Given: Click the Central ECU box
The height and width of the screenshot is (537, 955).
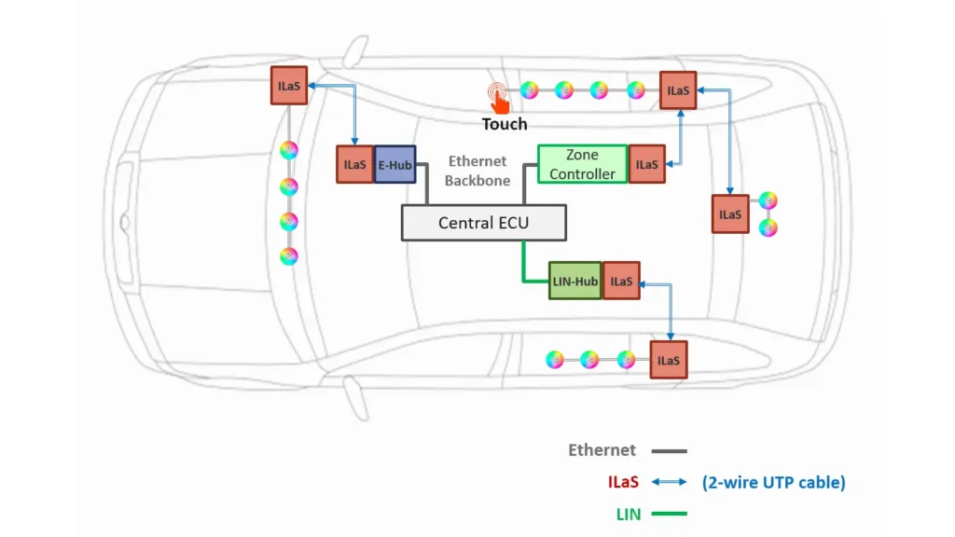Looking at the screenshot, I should (x=484, y=223).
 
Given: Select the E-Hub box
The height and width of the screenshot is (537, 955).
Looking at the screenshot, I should (x=394, y=164).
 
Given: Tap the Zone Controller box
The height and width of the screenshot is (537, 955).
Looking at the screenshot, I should (x=583, y=164).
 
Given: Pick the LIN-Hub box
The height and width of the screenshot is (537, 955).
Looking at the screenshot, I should (x=574, y=281).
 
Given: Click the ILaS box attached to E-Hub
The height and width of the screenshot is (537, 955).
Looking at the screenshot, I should (x=355, y=164).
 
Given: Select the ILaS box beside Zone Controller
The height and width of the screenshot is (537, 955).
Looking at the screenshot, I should (x=646, y=164).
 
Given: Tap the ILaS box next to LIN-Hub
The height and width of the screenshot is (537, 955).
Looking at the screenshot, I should (x=621, y=281).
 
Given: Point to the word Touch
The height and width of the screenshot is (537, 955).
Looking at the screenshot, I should (x=505, y=124).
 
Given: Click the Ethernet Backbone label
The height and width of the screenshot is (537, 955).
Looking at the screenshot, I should (x=477, y=171).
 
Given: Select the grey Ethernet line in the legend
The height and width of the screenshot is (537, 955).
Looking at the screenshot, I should (x=670, y=450).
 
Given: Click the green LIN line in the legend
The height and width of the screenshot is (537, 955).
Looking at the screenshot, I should (x=670, y=513).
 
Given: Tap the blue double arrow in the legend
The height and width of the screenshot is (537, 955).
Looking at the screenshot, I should (x=670, y=482).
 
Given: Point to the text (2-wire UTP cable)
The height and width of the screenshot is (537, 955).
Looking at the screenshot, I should (x=773, y=482).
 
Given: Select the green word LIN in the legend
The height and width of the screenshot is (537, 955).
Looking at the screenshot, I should (x=629, y=513).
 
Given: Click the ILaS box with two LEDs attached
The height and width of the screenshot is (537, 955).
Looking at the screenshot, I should (x=729, y=213).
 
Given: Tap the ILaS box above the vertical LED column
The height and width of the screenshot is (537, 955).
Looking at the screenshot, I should (x=288, y=86).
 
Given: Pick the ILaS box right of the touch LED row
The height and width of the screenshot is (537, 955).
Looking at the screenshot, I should (x=679, y=90).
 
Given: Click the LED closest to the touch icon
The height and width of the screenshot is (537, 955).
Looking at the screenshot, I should (x=529, y=90).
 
